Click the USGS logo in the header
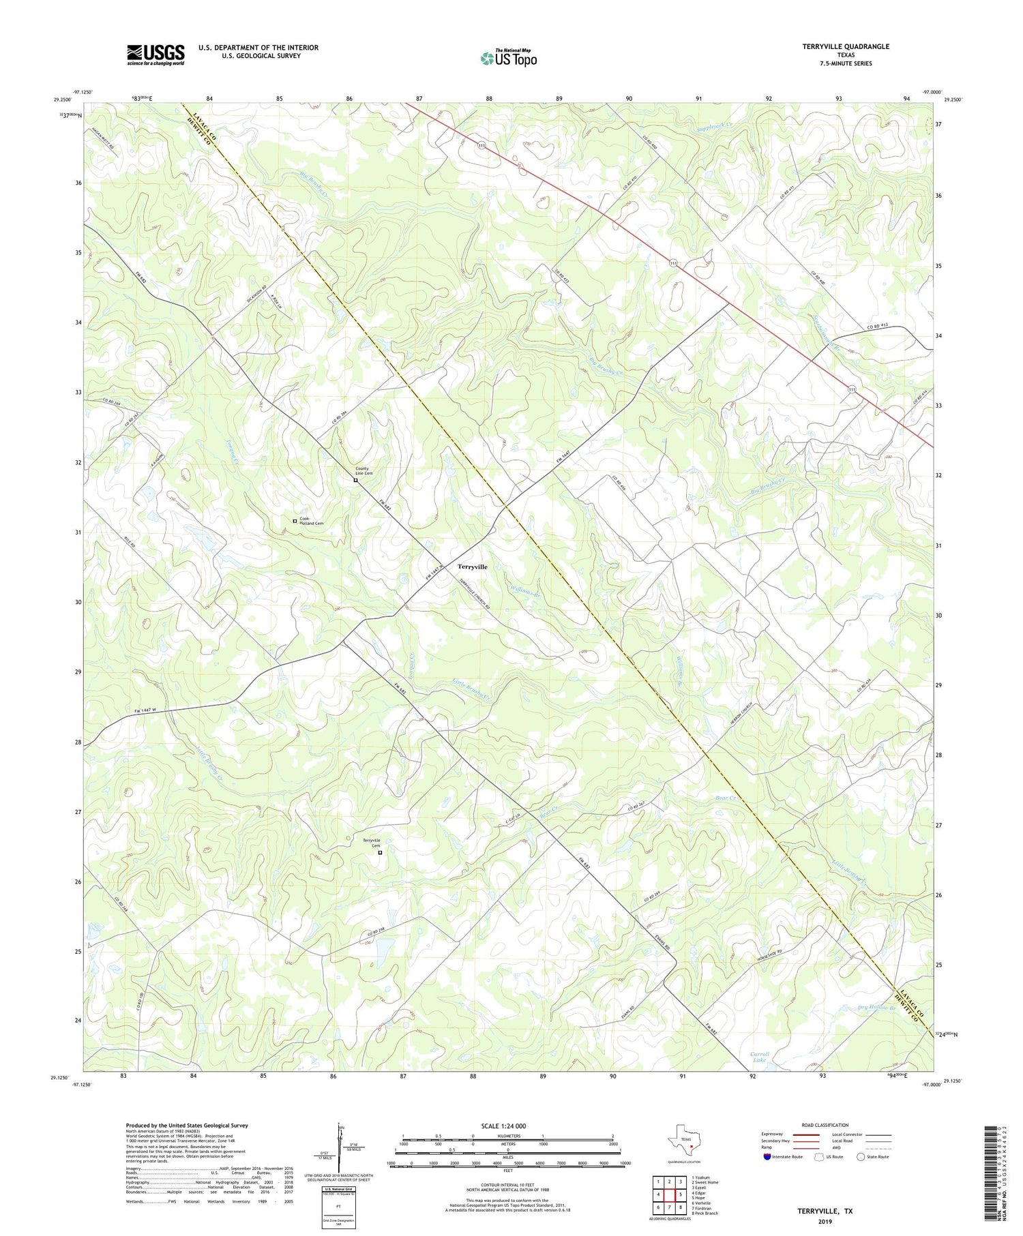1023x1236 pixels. click(x=155, y=55)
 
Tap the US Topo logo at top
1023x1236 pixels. click(x=508, y=58)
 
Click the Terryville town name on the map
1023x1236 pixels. click(x=472, y=567)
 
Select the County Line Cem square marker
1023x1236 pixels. click(x=355, y=480)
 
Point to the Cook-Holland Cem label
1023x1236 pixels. click(x=311, y=521)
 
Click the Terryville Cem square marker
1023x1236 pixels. click(x=381, y=852)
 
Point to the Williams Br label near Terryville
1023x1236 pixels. click(x=525, y=589)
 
